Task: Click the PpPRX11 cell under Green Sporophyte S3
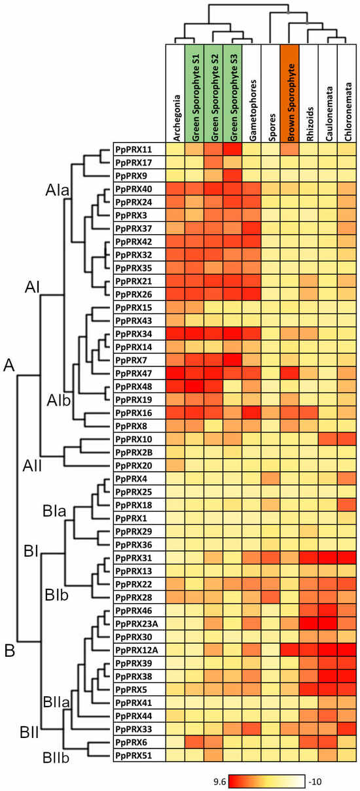pyautogui.click(x=232, y=150)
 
